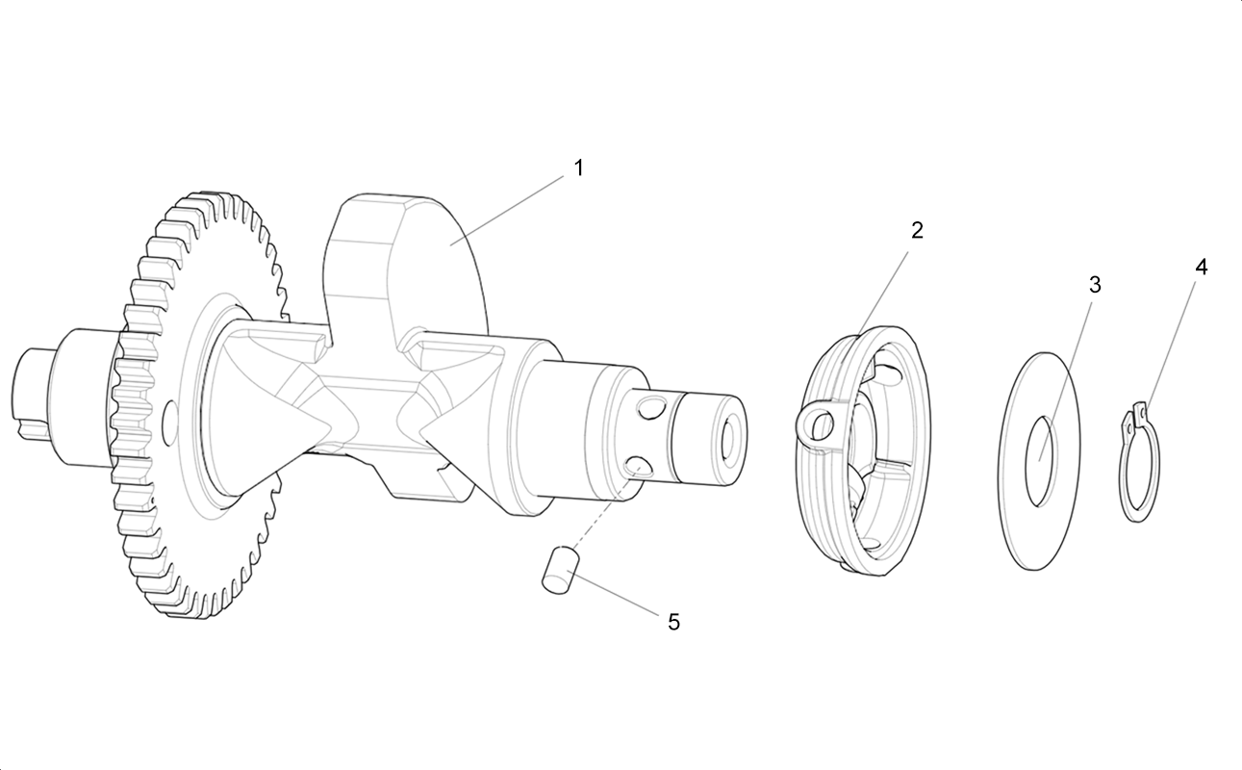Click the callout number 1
578,167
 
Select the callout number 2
918,230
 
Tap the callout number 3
1095,285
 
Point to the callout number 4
1201,268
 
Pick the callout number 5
673,623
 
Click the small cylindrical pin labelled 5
561,571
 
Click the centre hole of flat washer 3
1042,462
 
